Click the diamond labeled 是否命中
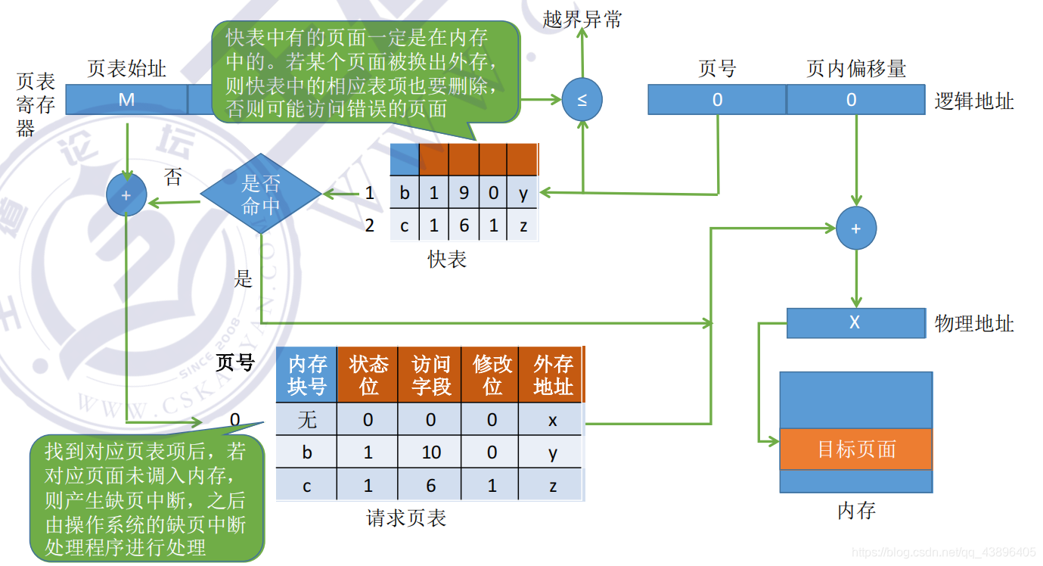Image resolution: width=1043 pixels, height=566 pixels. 261,194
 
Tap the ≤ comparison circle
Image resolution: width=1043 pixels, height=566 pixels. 582,100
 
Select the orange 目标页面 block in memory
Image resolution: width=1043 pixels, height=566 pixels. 855,449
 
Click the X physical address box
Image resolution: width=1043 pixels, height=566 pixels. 855,322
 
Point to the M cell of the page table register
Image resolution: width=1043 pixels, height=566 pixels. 126,99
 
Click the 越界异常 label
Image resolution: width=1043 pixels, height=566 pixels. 582,20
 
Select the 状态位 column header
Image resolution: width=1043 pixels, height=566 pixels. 368,375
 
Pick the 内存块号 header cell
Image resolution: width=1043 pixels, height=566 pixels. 306,375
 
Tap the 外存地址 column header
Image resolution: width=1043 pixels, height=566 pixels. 553,375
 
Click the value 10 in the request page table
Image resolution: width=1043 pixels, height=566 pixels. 431,452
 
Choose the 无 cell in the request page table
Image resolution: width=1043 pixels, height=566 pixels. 306,419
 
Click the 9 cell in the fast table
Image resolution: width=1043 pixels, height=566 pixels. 464,193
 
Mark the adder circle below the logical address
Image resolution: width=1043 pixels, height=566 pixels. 855,228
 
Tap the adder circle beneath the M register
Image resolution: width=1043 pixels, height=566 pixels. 126,194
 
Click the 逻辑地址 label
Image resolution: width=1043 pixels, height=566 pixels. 973,101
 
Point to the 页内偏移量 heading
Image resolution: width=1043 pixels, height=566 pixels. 855,70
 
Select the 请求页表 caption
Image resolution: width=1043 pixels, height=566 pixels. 406,518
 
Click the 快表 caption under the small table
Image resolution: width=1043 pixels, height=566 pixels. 447,260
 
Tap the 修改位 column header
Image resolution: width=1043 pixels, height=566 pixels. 492,375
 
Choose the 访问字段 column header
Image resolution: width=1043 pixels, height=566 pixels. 431,375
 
